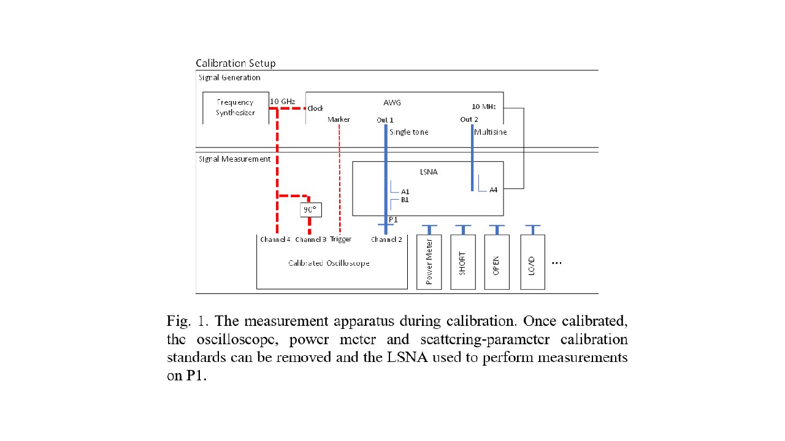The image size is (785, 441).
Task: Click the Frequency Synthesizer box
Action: (x=235, y=108)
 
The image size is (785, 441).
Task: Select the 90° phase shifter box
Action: (x=310, y=209)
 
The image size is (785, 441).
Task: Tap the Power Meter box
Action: (x=429, y=262)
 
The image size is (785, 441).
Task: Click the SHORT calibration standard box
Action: (x=463, y=262)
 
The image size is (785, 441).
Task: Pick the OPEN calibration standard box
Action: (x=496, y=262)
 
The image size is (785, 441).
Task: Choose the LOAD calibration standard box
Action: (x=532, y=262)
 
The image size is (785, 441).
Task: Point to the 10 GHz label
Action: (x=283, y=101)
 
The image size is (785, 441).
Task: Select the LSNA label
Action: (x=429, y=172)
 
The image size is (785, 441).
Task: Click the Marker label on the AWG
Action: (x=339, y=119)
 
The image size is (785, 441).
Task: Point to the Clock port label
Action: (x=315, y=108)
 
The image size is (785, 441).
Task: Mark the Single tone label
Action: (x=408, y=132)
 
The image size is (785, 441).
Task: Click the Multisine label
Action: (x=491, y=132)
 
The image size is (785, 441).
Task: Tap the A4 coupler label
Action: (x=493, y=190)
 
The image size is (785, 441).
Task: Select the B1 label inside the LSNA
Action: (x=405, y=200)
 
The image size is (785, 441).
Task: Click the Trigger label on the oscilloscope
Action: (x=340, y=239)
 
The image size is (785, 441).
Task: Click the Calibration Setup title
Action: (x=235, y=63)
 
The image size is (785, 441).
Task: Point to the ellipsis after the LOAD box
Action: (x=557, y=263)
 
